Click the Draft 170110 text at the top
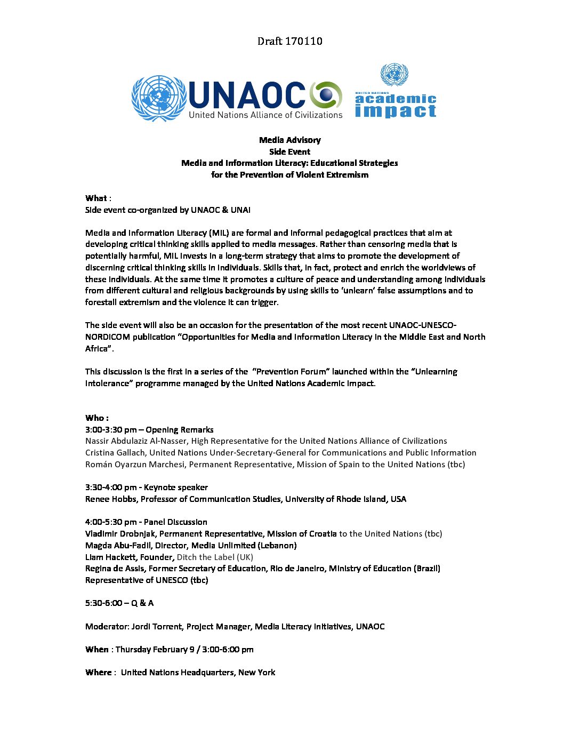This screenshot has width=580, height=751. (x=289, y=41)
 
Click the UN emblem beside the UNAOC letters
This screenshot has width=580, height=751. (x=158, y=98)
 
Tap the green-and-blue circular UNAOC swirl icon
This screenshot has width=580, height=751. (x=326, y=95)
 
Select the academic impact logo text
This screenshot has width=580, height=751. (x=396, y=105)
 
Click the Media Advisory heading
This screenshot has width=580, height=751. (x=289, y=140)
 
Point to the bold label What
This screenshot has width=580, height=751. (x=96, y=198)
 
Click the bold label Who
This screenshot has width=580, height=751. (x=96, y=418)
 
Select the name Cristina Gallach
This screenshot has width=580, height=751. (x=115, y=453)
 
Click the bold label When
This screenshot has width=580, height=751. (x=96, y=650)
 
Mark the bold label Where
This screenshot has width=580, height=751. (x=98, y=673)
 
